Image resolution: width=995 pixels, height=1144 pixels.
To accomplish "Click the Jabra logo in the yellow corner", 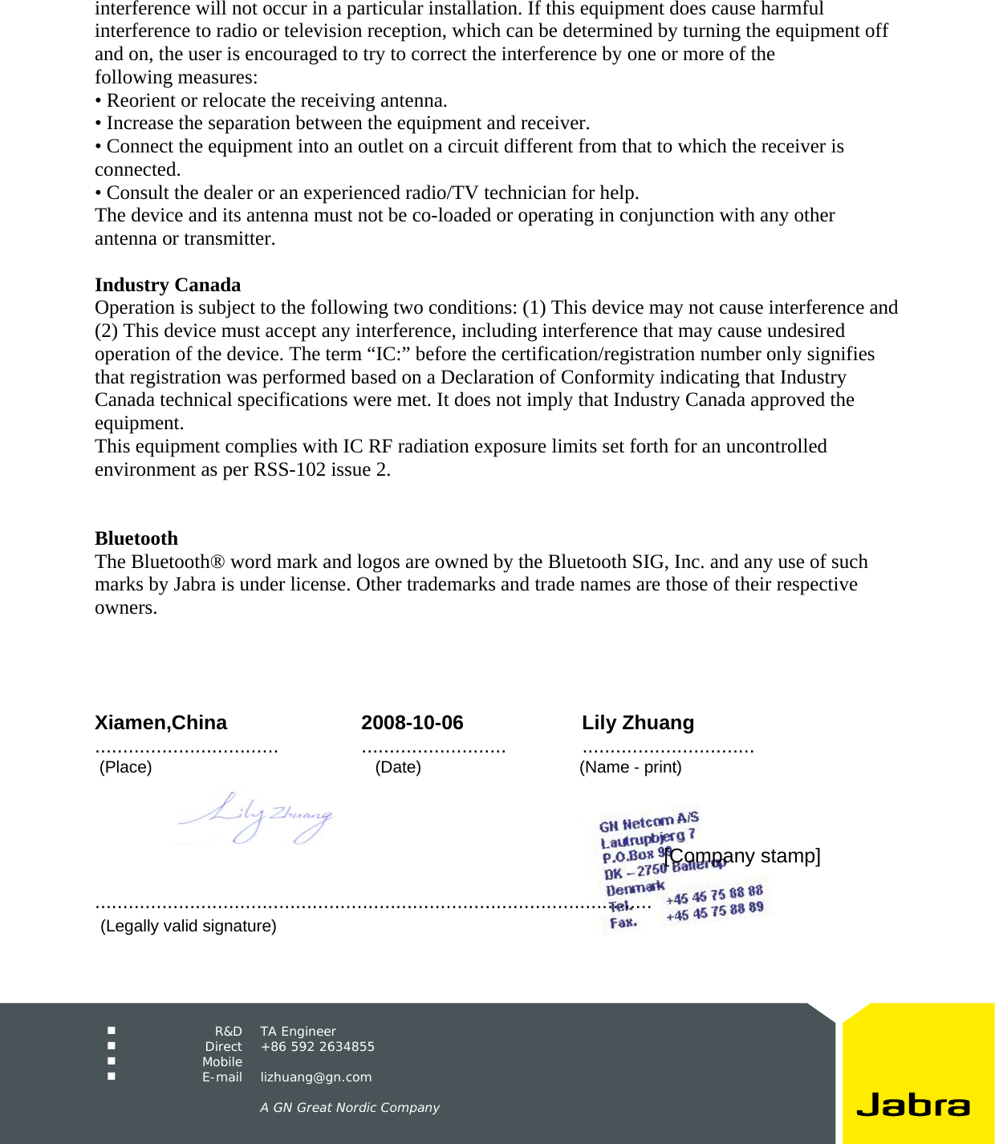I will pyautogui.click(x=913, y=1105).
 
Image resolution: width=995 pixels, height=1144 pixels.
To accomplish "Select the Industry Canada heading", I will pyautogui.click(x=168, y=285).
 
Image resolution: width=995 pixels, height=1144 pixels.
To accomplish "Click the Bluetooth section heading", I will pyautogui.click(x=136, y=538).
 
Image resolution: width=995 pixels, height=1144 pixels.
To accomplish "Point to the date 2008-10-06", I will pyautogui.click(x=412, y=723).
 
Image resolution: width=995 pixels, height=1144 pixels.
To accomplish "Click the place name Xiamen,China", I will pyautogui.click(x=160, y=723).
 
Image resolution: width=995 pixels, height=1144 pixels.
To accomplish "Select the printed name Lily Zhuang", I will pyautogui.click(x=638, y=723).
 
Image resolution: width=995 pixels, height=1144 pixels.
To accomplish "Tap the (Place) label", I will pyautogui.click(x=125, y=767).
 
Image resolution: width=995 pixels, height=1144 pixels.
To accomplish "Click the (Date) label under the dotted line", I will pyautogui.click(x=398, y=767).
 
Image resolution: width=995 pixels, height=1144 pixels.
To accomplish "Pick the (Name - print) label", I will pyautogui.click(x=631, y=767).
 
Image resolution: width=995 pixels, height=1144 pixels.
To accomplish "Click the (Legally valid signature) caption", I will pyautogui.click(x=189, y=926).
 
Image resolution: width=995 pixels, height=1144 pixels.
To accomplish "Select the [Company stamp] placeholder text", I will pyautogui.click(x=742, y=856).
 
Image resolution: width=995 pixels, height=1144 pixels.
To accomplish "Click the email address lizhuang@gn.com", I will pyautogui.click(x=316, y=1077).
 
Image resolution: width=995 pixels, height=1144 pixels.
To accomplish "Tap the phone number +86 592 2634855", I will pyautogui.click(x=318, y=1047).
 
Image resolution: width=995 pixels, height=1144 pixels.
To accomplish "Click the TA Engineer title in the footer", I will pyautogui.click(x=298, y=1032).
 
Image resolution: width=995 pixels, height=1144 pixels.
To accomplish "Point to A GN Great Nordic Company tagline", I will pyautogui.click(x=350, y=1108).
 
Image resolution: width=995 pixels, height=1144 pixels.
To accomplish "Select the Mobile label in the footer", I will pyautogui.click(x=222, y=1062).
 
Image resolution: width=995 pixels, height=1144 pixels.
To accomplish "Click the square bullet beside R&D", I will pyautogui.click(x=112, y=1031).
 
